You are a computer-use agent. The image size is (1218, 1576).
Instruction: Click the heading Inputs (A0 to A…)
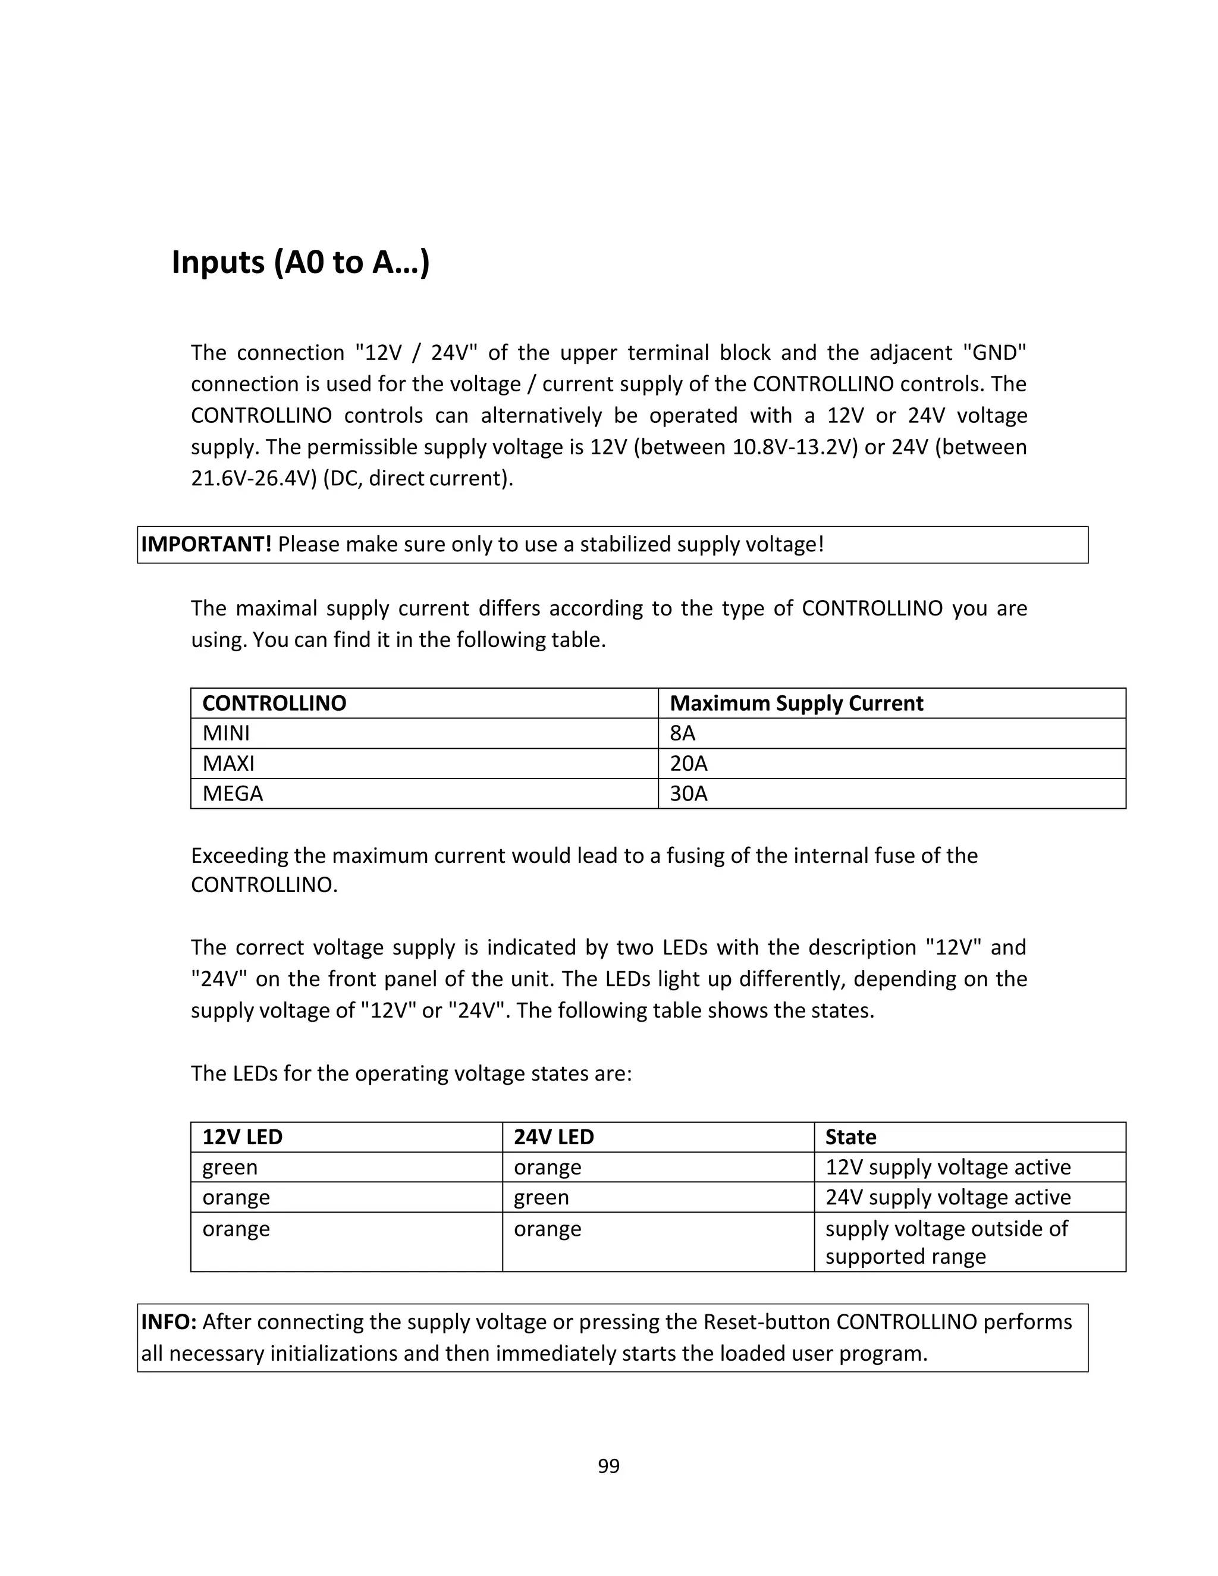pyautogui.click(x=300, y=262)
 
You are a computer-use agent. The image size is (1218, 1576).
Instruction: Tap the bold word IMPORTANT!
pyautogui.click(x=206, y=544)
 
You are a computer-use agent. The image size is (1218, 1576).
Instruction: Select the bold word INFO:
pyautogui.click(x=168, y=1321)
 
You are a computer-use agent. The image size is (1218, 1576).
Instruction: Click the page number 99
pyautogui.click(x=608, y=1465)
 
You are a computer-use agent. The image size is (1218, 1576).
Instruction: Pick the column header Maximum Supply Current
pyautogui.click(x=796, y=703)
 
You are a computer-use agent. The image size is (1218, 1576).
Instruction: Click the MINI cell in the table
pyautogui.click(x=226, y=733)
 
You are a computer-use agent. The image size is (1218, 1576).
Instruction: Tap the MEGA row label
pyautogui.click(x=233, y=794)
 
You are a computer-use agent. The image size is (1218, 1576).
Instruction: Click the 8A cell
pyautogui.click(x=682, y=733)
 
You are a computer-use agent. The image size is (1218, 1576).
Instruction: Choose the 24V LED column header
pyautogui.click(x=554, y=1137)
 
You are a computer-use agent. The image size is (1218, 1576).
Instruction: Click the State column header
pyautogui.click(x=850, y=1137)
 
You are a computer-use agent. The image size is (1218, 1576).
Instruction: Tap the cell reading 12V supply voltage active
pyautogui.click(x=947, y=1167)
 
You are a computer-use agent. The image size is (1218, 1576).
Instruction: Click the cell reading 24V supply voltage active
pyautogui.click(x=947, y=1197)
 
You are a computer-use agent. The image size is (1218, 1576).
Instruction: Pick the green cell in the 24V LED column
pyautogui.click(x=541, y=1197)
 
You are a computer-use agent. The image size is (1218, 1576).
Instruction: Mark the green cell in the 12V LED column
pyautogui.click(x=230, y=1167)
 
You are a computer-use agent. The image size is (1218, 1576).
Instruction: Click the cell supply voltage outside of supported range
pyautogui.click(x=946, y=1242)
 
